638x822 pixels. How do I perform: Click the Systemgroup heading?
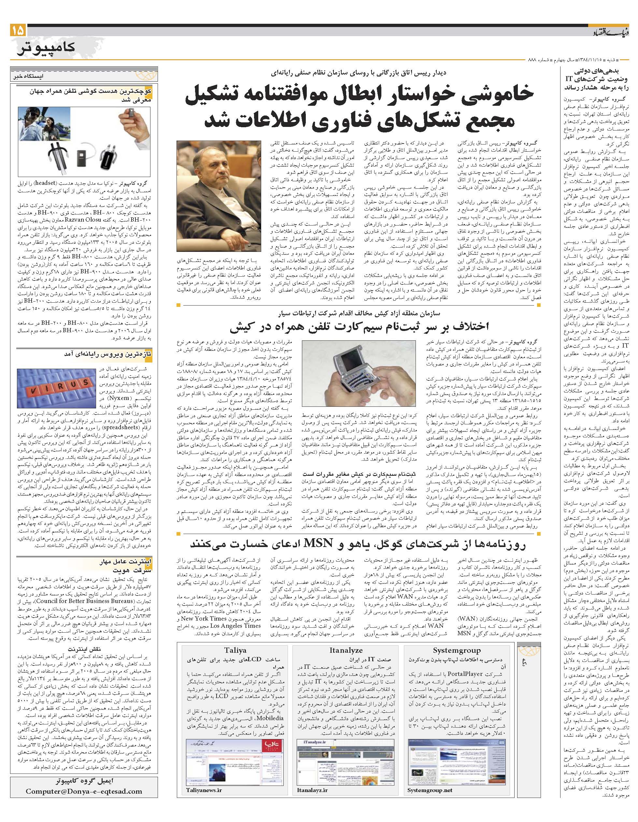(x=457, y=650)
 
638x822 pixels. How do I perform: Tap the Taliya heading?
(x=235, y=650)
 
